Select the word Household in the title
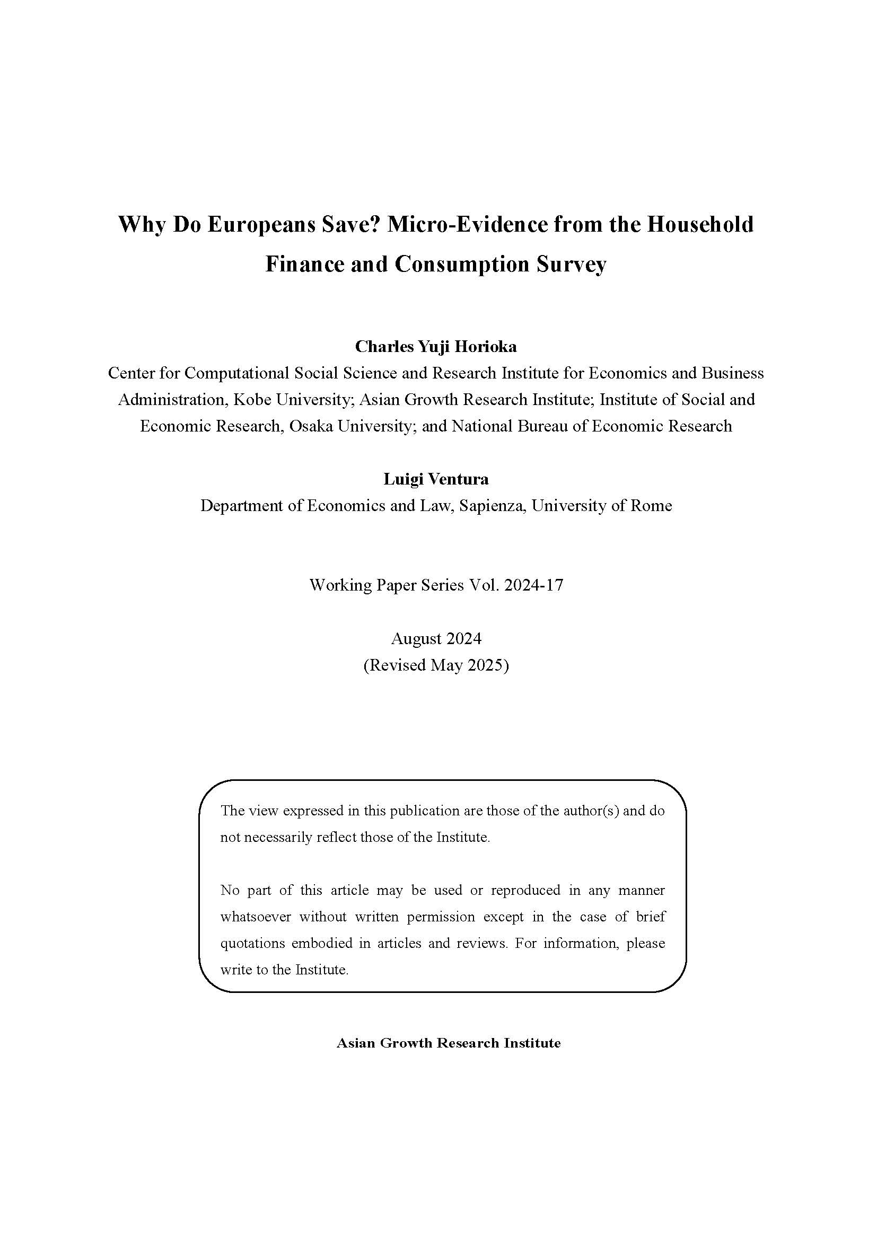coord(700,224)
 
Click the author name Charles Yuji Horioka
coord(436,346)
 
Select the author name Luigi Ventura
coord(436,479)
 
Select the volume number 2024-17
coord(533,585)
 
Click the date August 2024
coord(436,639)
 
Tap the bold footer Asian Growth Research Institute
coord(448,1043)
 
